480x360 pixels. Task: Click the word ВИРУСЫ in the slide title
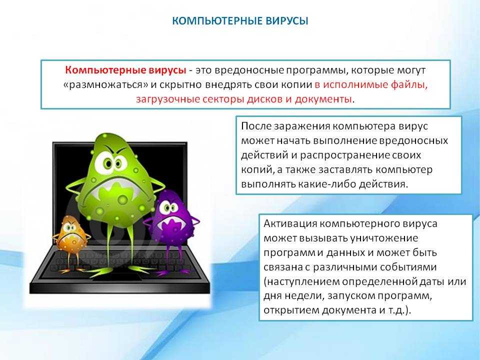tap(286, 21)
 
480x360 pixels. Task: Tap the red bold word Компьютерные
tap(105, 70)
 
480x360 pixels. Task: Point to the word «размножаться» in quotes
tap(105, 85)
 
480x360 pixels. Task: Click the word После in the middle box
tap(256, 126)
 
